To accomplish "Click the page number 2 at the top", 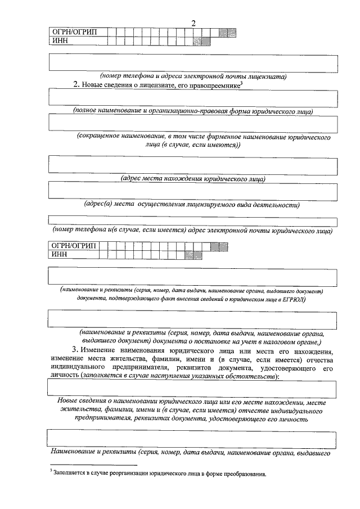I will coord(193,23).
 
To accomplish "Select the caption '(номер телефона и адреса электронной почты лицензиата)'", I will coord(194,75).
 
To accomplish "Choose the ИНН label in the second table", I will coord(59,255).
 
